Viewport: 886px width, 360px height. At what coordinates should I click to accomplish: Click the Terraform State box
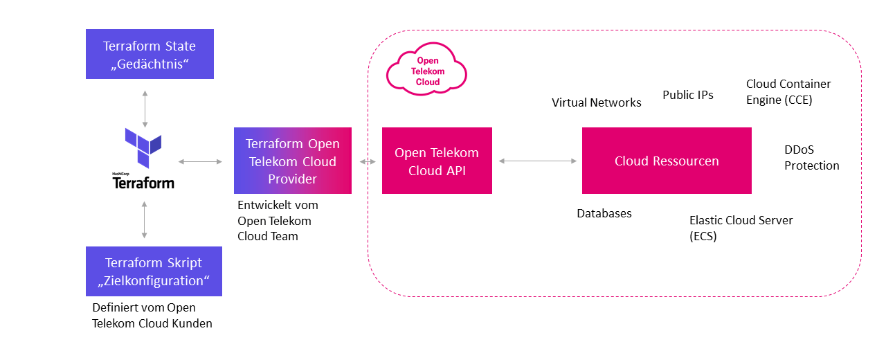[150, 54]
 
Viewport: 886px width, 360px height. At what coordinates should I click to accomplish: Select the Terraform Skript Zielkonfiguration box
[154, 271]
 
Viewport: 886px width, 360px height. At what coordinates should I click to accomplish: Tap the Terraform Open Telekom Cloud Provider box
[293, 161]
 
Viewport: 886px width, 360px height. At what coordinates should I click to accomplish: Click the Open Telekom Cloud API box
[437, 161]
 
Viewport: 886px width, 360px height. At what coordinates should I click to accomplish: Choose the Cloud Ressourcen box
[667, 161]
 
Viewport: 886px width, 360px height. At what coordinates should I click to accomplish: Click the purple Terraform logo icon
[143, 147]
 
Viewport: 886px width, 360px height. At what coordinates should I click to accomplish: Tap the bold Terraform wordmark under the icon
[143, 183]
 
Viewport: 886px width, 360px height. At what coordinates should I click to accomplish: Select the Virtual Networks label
[596, 102]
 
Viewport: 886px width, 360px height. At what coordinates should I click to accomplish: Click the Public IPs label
[687, 95]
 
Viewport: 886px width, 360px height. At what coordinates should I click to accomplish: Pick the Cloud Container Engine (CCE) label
[788, 91]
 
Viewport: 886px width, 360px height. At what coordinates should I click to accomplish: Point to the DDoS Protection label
[811, 158]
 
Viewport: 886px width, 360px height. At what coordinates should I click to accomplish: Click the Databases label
[604, 213]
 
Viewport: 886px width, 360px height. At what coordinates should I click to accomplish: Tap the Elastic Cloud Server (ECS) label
[741, 228]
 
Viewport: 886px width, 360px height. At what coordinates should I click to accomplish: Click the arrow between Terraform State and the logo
[145, 107]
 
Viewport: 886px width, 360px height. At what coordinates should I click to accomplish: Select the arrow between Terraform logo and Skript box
[145, 220]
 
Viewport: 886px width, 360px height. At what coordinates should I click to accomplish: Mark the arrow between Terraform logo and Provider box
[200, 161]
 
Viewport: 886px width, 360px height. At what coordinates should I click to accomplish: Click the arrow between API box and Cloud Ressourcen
[537, 161]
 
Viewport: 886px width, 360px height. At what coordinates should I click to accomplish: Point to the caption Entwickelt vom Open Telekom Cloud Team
[278, 221]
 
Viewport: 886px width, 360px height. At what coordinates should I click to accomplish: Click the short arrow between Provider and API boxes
[367, 161]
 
